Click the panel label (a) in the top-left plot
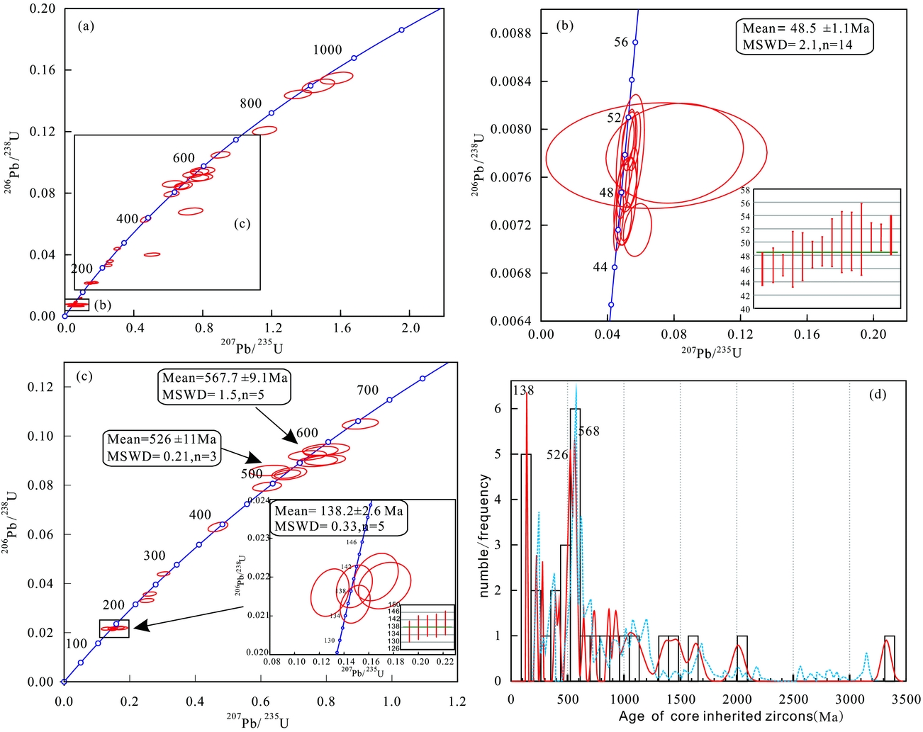pyautogui.click(x=86, y=27)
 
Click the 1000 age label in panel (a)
pyautogui.click(x=328, y=50)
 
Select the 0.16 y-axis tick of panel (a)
pyautogui.click(x=42, y=70)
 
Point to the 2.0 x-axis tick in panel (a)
pyautogui.click(x=410, y=328)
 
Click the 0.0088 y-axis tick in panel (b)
pyautogui.click(x=510, y=33)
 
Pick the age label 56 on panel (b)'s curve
pyautogui.click(x=621, y=43)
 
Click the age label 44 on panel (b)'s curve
pyautogui.click(x=600, y=267)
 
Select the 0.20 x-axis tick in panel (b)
pyautogui.click(x=873, y=334)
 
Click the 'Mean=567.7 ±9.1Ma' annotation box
pyautogui.click(x=225, y=386)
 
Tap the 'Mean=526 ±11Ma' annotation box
pyautogui.click(x=162, y=448)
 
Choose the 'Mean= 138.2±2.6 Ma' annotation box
pyautogui.click(x=339, y=519)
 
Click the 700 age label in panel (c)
pyautogui.click(x=367, y=390)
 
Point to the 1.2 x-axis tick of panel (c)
pyautogui.click(x=457, y=701)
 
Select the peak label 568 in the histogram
pyautogui.click(x=589, y=432)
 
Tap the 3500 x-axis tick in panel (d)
pyautogui.click(x=906, y=699)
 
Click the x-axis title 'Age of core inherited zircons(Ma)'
pyautogui.click(x=731, y=716)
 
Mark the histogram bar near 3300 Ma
pyautogui.click(x=889, y=658)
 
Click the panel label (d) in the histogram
pyautogui.click(x=878, y=394)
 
